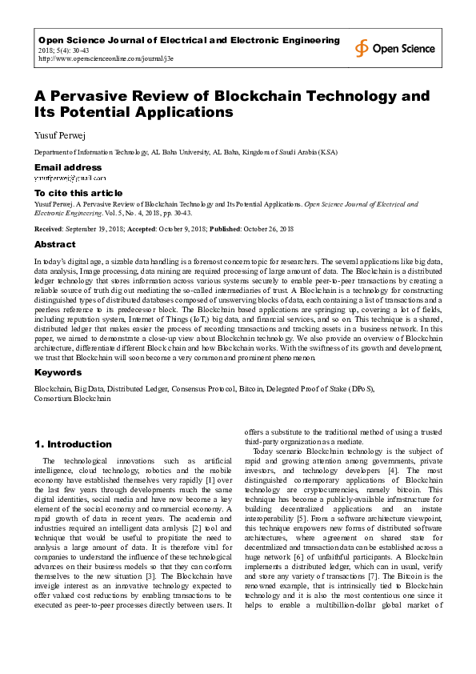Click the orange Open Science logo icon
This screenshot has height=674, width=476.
coord(362,48)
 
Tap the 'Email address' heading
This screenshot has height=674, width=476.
coord(68,167)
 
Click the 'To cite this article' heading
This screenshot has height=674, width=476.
coord(78,193)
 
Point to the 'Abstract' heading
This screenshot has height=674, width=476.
coord(55,244)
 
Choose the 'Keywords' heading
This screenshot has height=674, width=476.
coord(58,372)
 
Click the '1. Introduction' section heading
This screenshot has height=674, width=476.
coord(73,443)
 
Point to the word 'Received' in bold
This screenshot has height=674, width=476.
coord(50,229)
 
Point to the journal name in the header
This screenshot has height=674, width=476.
coord(189,40)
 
